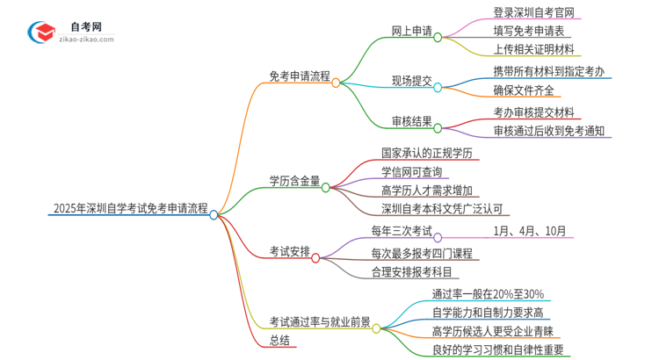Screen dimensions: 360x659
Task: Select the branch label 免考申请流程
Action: [300, 76]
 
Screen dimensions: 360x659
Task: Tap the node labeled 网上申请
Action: [411, 32]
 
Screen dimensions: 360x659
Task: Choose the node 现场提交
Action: [411, 81]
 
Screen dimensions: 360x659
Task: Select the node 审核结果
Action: [411, 121]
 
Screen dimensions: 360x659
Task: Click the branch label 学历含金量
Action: [294, 181]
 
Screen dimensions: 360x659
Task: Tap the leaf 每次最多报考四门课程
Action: [422, 253]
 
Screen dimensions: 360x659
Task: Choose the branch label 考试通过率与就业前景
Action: [320, 322]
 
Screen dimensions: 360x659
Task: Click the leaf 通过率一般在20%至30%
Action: [488, 293]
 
